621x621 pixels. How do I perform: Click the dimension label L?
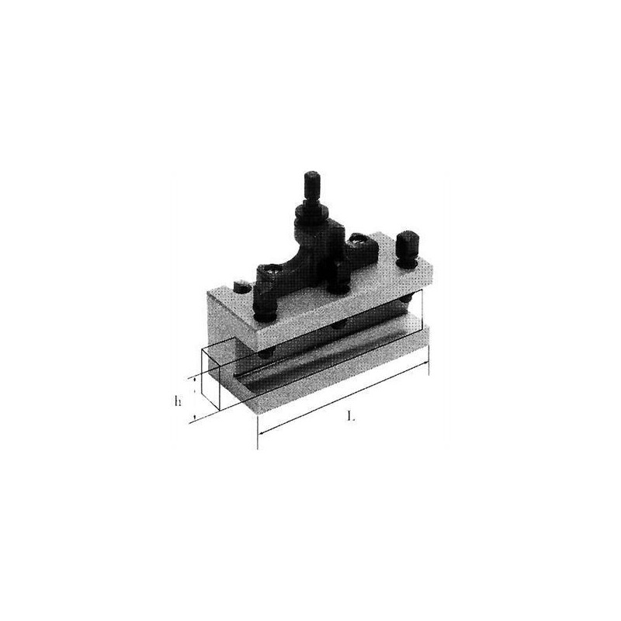pos(350,416)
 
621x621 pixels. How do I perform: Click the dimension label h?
pos(178,401)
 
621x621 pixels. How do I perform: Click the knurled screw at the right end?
pos(405,252)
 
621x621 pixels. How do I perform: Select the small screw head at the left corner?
pos(241,287)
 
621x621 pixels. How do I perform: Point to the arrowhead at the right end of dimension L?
pos(425,363)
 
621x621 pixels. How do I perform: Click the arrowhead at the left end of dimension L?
pos(262,432)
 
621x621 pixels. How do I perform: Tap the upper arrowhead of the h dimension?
pos(195,380)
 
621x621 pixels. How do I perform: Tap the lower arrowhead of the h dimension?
pos(195,416)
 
